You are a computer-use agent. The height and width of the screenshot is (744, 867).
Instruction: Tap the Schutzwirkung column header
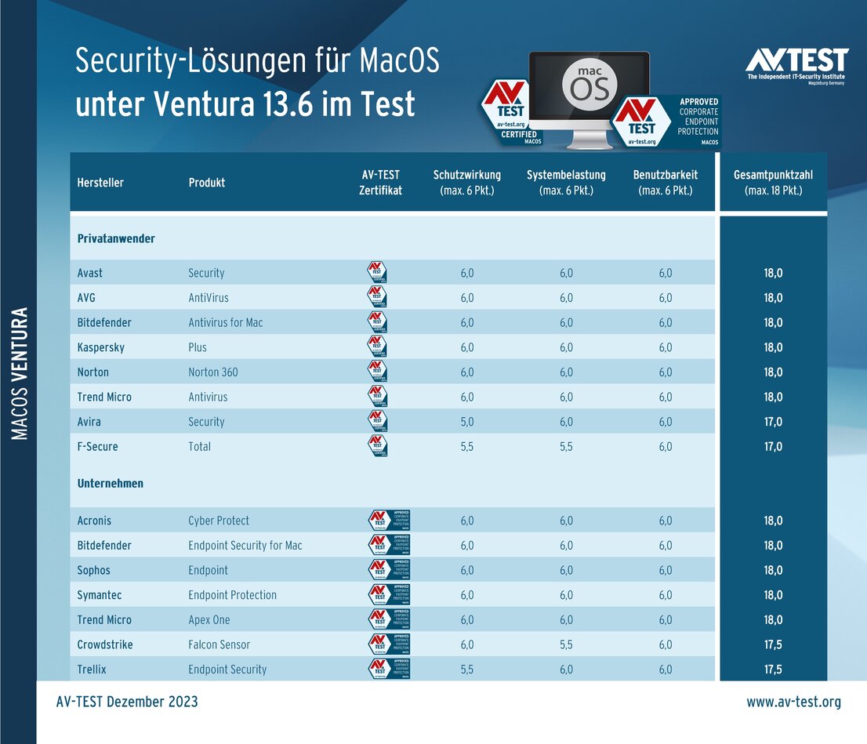click(x=466, y=183)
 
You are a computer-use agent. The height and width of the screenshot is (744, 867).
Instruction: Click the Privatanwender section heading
click(x=116, y=238)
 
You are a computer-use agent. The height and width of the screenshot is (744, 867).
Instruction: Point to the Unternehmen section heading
click(x=111, y=484)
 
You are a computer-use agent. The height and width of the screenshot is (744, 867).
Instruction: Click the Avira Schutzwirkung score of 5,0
click(x=466, y=422)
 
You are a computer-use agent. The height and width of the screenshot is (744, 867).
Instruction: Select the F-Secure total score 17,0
click(x=773, y=447)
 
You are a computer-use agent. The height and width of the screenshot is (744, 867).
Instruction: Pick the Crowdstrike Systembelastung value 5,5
click(x=566, y=644)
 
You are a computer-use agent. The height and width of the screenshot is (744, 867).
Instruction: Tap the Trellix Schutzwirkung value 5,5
click(x=466, y=670)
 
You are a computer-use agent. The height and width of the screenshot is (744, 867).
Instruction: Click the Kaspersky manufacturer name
click(x=101, y=347)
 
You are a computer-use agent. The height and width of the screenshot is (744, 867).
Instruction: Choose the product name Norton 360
click(x=213, y=372)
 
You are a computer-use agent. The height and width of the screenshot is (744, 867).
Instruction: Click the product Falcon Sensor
click(x=219, y=644)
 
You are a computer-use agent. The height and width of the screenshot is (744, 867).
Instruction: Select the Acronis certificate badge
click(x=390, y=521)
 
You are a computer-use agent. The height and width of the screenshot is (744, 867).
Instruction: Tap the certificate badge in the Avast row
click(x=378, y=273)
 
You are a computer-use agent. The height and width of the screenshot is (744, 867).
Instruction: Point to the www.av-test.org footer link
click(x=793, y=702)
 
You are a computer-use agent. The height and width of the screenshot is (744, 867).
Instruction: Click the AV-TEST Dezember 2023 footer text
click(x=127, y=702)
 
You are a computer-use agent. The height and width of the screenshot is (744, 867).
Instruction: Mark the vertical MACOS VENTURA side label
click(x=20, y=373)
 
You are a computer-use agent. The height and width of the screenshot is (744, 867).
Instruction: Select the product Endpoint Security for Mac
click(x=245, y=546)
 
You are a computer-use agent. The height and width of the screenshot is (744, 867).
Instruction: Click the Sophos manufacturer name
click(x=94, y=571)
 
